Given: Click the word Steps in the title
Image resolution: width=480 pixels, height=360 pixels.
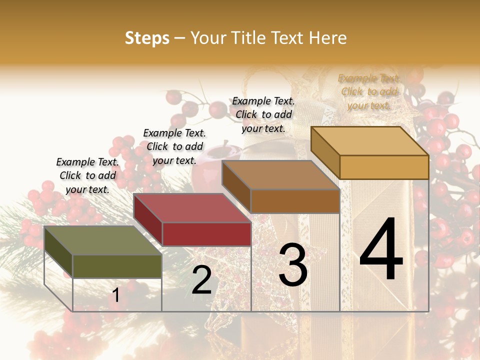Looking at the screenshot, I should pos(147,38).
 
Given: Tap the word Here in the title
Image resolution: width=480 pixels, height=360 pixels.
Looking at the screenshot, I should pos(327,38).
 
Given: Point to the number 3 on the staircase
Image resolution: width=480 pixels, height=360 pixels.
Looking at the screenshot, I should pos(293,265).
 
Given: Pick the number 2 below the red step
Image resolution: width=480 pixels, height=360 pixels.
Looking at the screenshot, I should pos(201,280).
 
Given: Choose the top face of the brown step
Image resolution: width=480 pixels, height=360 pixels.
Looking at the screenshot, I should pos(280,175).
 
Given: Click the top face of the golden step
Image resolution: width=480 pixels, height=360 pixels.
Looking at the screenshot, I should pos(369,141).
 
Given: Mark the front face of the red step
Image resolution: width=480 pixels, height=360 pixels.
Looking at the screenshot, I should pos(206,234).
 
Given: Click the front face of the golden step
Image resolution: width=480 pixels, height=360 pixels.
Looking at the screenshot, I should pos(384,167).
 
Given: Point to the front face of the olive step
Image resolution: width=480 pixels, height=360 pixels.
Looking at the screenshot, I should pos(117,266).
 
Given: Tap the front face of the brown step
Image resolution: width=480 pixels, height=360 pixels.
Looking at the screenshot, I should pos(295,201).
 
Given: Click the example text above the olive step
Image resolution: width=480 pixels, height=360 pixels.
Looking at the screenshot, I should pos(87,175).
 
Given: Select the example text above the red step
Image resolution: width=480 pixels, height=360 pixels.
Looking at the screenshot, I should pos(174,146).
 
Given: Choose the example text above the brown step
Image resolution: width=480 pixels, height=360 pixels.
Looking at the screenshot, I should pos(263,114).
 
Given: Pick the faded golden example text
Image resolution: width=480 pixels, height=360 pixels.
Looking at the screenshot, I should pos(369,91).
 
